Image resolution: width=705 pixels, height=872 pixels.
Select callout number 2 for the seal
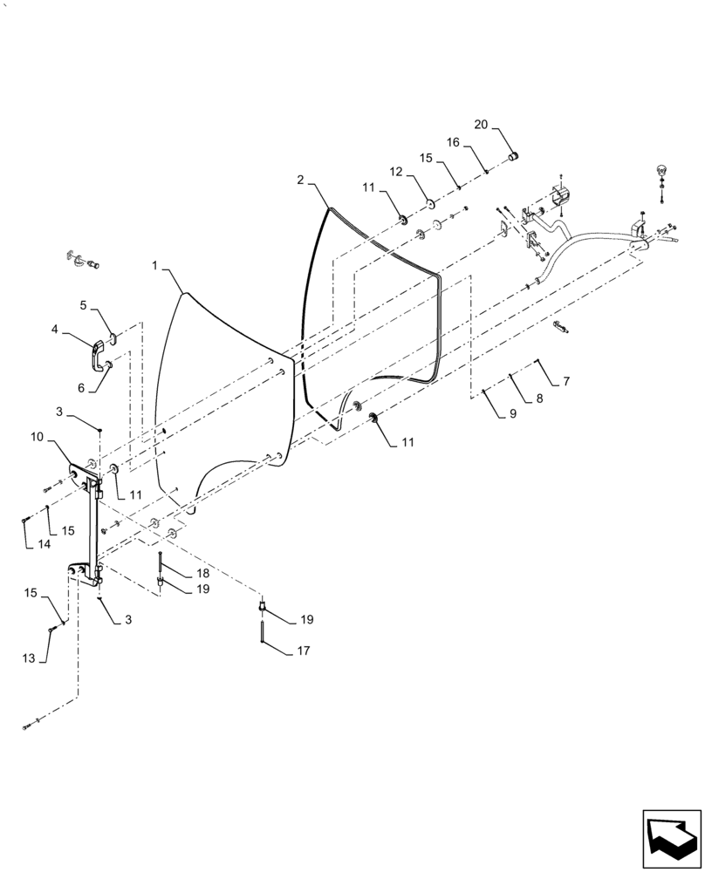[300, 181]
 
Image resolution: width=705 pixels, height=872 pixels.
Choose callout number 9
[513, 414]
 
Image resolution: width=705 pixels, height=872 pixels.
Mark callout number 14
[44, 545]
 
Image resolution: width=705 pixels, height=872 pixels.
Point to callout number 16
[454, 142]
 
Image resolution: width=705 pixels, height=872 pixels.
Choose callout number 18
[202, 573]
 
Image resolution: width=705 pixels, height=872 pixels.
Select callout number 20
[481, 125]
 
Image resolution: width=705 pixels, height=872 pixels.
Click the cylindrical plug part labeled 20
[514, 156]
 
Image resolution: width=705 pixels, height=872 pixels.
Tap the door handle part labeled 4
[98, 351]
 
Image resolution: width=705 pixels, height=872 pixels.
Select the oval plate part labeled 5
[113, 338]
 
